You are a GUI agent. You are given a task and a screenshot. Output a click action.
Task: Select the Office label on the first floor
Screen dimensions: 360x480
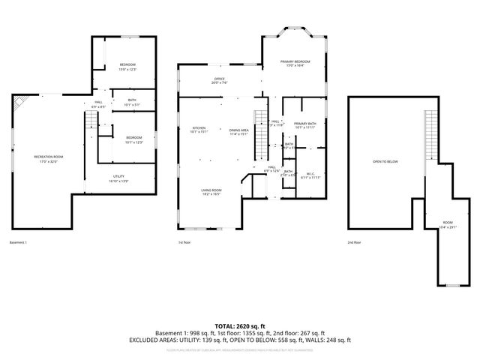coord(219,79)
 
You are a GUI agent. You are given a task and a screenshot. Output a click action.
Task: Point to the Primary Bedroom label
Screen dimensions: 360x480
coord(295,61)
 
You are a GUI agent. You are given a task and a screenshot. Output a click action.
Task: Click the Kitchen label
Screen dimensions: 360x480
coord(199,128)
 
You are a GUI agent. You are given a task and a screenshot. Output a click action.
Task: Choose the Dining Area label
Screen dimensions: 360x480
coord(239,130)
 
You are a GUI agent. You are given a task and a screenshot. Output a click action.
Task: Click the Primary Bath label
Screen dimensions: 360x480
coord(304,124)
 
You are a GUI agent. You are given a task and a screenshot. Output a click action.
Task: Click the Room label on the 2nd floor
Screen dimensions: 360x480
coord(448,223)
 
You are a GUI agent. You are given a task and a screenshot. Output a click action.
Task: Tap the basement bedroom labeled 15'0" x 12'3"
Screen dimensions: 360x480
coord(127,65)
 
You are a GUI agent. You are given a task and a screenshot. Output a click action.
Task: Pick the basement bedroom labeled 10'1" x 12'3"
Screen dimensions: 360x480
coord(133,138)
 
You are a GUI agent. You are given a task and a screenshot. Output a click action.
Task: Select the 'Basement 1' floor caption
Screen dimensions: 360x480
coord(18,242)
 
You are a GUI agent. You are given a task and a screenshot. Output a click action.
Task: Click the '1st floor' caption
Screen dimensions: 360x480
coord(184,242)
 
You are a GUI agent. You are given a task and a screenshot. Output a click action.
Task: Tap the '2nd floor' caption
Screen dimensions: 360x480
coord(354,242)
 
